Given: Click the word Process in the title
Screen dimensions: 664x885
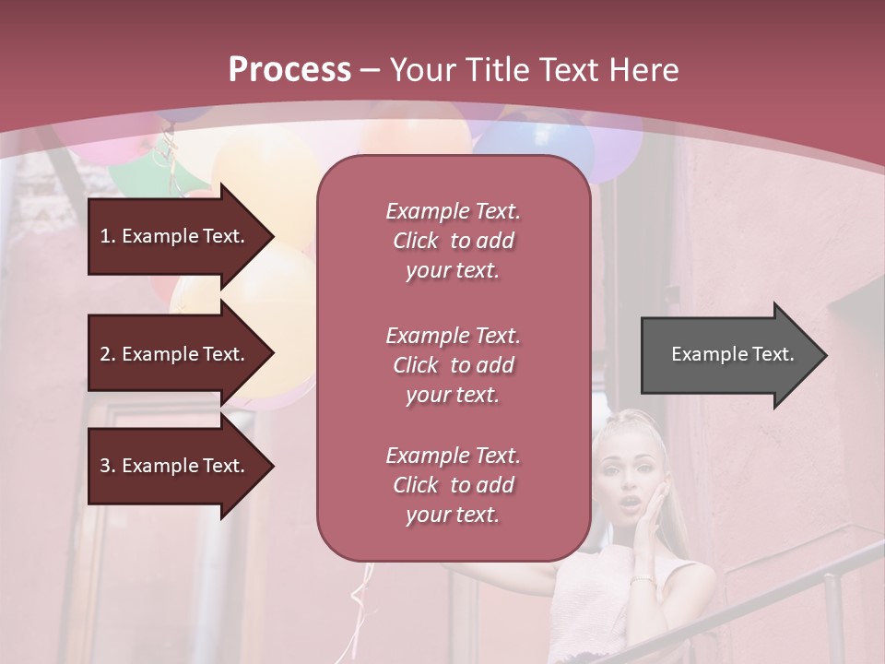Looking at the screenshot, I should click(289, 70).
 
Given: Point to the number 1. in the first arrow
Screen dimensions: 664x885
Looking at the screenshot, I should click(108, 236).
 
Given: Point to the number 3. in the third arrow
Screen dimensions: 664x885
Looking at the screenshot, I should click(108, 466).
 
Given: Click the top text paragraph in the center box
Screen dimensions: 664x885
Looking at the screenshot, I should click(453, 241).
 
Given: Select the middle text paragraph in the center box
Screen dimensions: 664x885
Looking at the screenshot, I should click(453, 365).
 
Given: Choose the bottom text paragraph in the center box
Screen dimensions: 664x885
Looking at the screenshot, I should click(453, 485).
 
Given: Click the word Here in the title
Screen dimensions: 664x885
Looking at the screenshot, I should click(647, 70).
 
